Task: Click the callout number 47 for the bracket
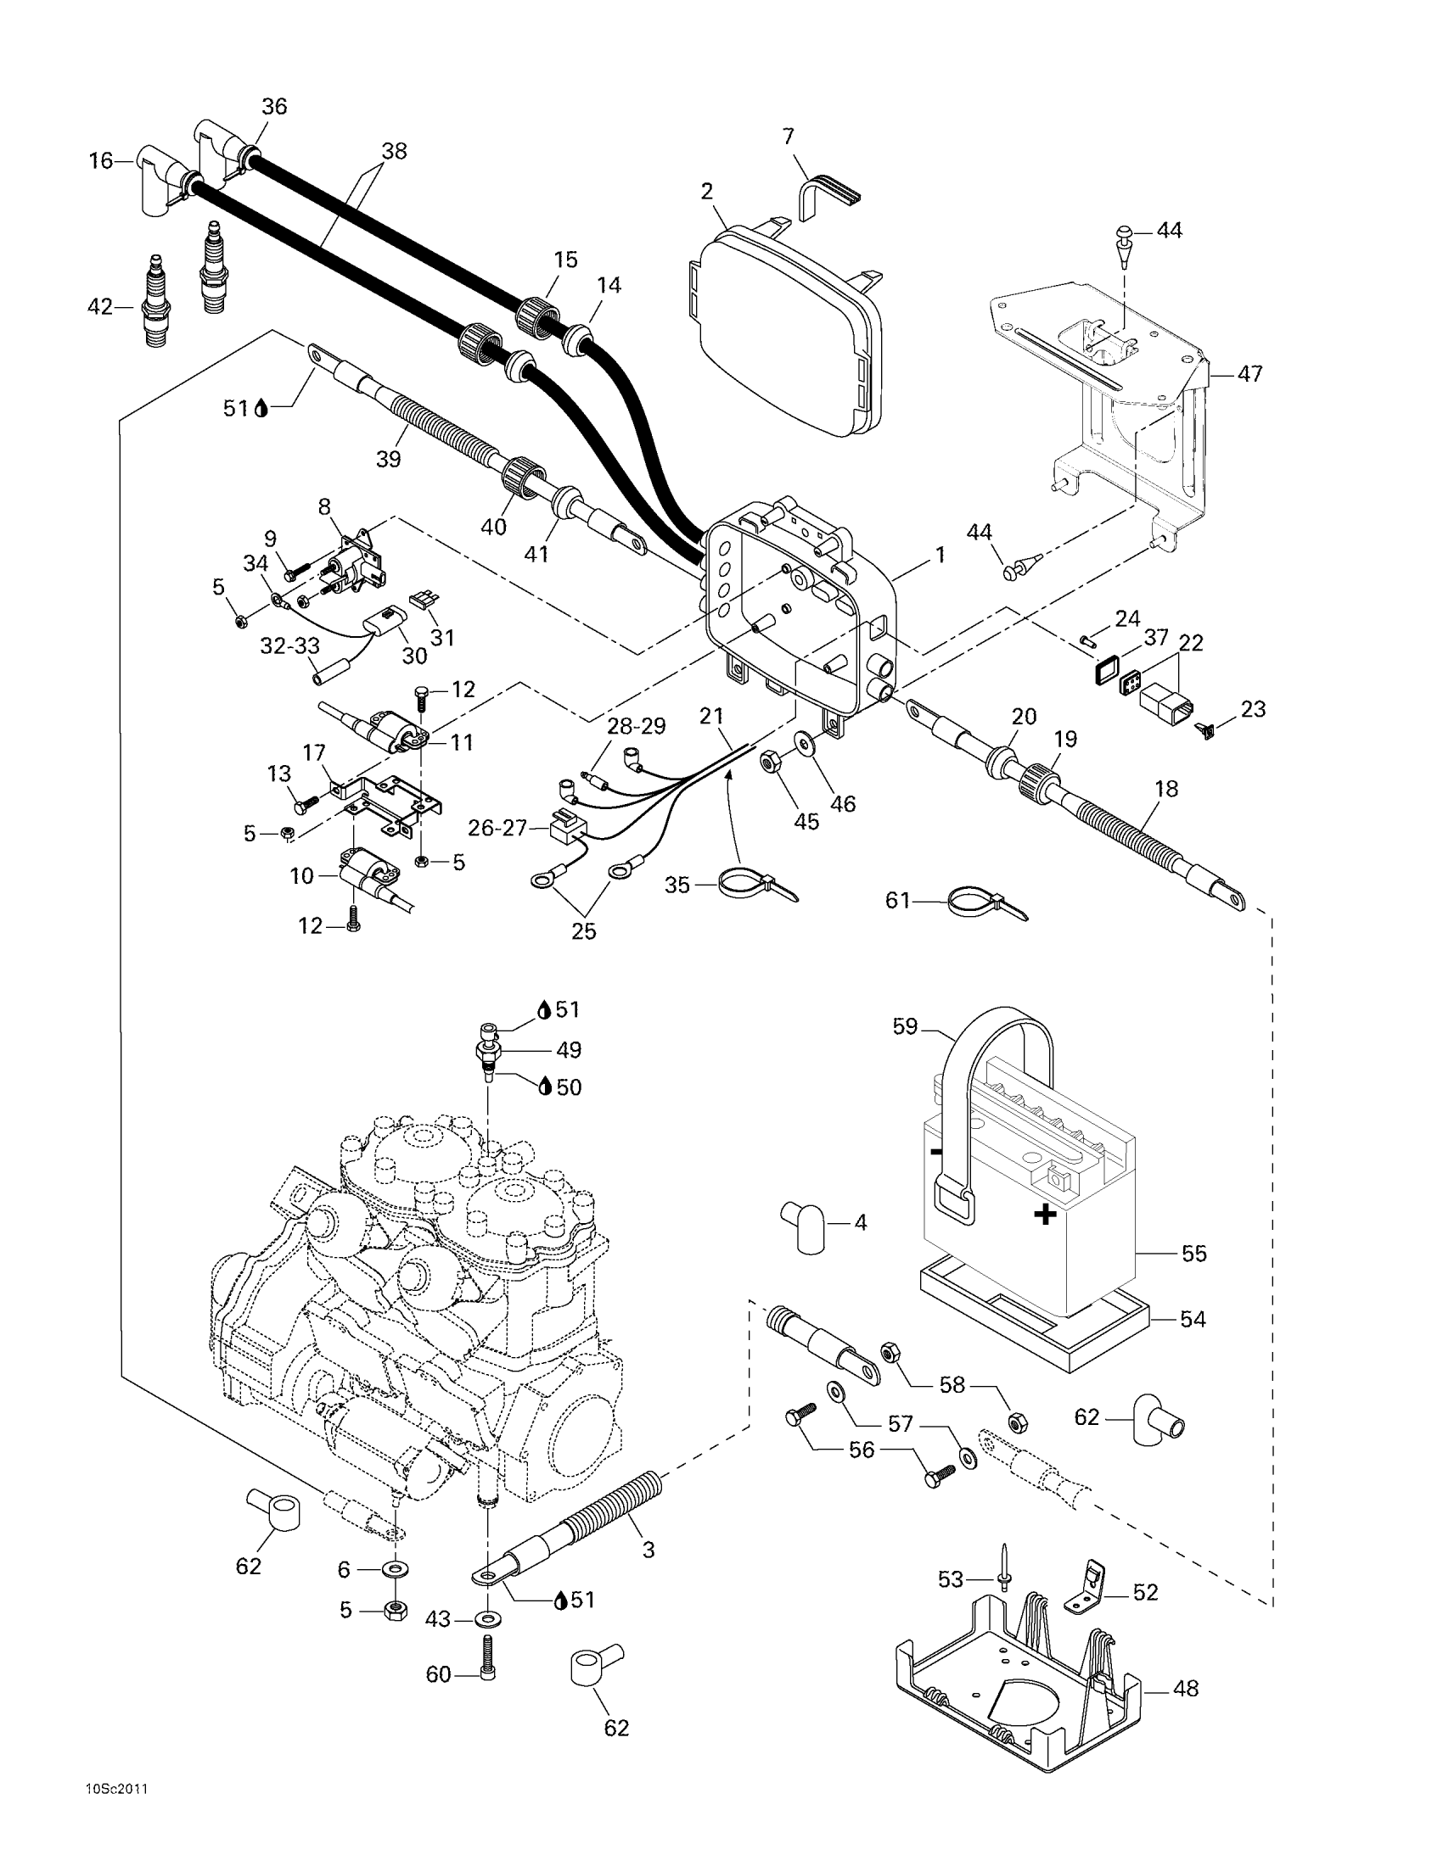(x=1249, y=373)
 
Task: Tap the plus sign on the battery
(x=1045, y=1214)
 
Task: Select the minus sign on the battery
(x=936, y=1152)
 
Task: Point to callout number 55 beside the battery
(x=1193, y=1254)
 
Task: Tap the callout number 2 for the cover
(x=706, y=192)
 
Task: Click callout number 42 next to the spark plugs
(x=100, y=306)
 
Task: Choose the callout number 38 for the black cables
(x=394, y=151)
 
